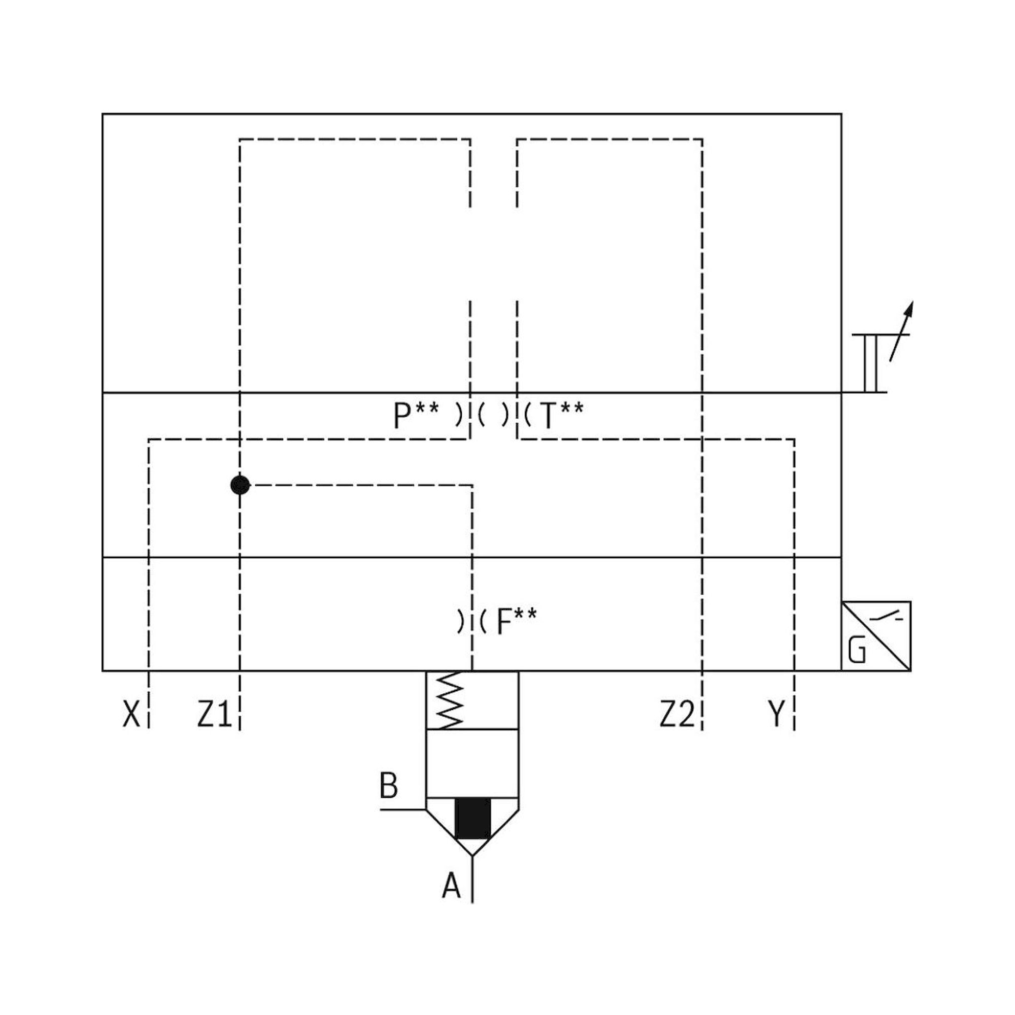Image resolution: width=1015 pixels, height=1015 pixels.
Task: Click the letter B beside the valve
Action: (x=389, y=786)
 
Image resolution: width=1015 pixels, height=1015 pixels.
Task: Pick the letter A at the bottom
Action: (x=451, y=886)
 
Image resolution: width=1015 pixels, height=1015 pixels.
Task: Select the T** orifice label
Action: (x=561, y=416)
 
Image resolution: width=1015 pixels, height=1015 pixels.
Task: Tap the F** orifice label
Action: (x=517, y=622)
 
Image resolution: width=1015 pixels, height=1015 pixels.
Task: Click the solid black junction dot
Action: (x=240, y=485)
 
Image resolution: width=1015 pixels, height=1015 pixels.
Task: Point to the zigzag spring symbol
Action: (x=451, y=701)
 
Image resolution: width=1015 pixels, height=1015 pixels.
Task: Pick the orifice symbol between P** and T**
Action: (x=493, y=416)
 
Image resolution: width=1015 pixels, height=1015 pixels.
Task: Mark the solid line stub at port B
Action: (x=402, y=809)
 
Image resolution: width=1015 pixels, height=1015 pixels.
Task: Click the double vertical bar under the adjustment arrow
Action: (x=870, y=363)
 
